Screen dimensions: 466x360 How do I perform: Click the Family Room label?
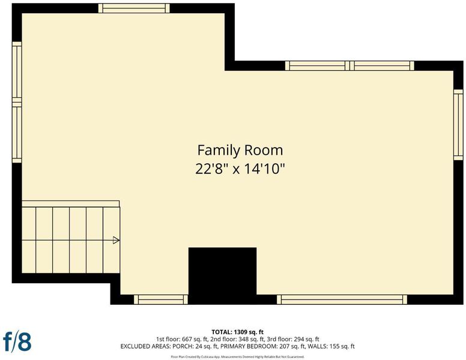tap(240, 150)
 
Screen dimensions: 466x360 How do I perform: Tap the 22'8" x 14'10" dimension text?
tap(240, 169)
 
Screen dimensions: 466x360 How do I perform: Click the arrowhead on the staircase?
tap(116, 240)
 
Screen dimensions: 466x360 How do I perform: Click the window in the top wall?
tap(134, 8)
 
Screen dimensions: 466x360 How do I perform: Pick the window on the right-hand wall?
tap(458, 125)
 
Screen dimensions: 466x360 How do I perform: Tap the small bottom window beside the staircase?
tap(161, 299)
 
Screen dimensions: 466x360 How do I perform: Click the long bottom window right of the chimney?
tap(342, 299)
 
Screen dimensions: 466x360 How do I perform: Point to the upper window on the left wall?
tap(17, 72)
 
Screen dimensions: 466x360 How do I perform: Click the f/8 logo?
tap(17, 341)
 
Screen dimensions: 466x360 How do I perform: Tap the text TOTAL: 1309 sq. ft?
tap(237, 332)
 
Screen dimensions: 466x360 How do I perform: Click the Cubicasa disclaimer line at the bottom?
tap(237, 357)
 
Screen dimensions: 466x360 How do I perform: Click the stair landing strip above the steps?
tap(71, 204)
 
